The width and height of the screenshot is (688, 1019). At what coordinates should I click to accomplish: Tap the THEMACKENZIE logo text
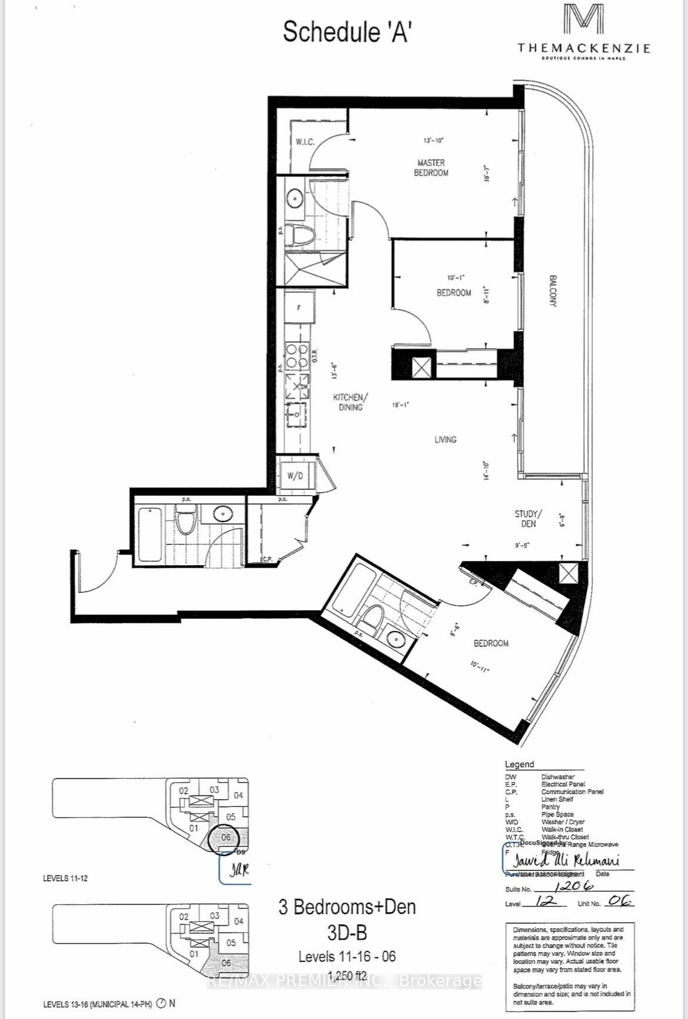click(583, 48)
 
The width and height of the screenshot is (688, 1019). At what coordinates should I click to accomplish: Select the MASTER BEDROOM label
click(431, 168)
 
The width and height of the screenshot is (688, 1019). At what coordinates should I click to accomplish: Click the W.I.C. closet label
click(305, 142)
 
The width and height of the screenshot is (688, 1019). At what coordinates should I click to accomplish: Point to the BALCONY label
click(553, 290)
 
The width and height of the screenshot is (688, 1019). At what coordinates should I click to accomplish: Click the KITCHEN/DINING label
click(350, 402)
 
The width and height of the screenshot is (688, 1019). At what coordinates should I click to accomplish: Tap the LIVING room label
click(445, 439)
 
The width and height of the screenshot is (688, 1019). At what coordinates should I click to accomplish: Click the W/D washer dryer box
click(295, 476)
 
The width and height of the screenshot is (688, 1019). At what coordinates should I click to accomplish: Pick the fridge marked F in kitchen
click(299, 307)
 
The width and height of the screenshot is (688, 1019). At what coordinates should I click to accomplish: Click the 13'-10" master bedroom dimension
click(433, 141)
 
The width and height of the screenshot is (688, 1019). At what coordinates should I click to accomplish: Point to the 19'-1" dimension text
click(400, 405)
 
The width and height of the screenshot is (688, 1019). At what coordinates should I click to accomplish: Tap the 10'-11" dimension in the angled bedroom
click(479, 666)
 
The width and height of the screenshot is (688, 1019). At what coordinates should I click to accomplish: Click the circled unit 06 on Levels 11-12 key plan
click(226, 837)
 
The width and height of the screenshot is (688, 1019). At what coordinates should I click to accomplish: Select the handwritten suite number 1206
click(573, 886)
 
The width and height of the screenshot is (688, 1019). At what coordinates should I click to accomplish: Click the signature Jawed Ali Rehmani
click(565, 860)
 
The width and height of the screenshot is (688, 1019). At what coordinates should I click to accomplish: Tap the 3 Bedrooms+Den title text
click(347, 907)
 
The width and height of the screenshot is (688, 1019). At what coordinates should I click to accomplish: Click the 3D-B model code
click(347, 932)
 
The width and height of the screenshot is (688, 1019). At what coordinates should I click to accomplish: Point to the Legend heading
click(519, 764)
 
